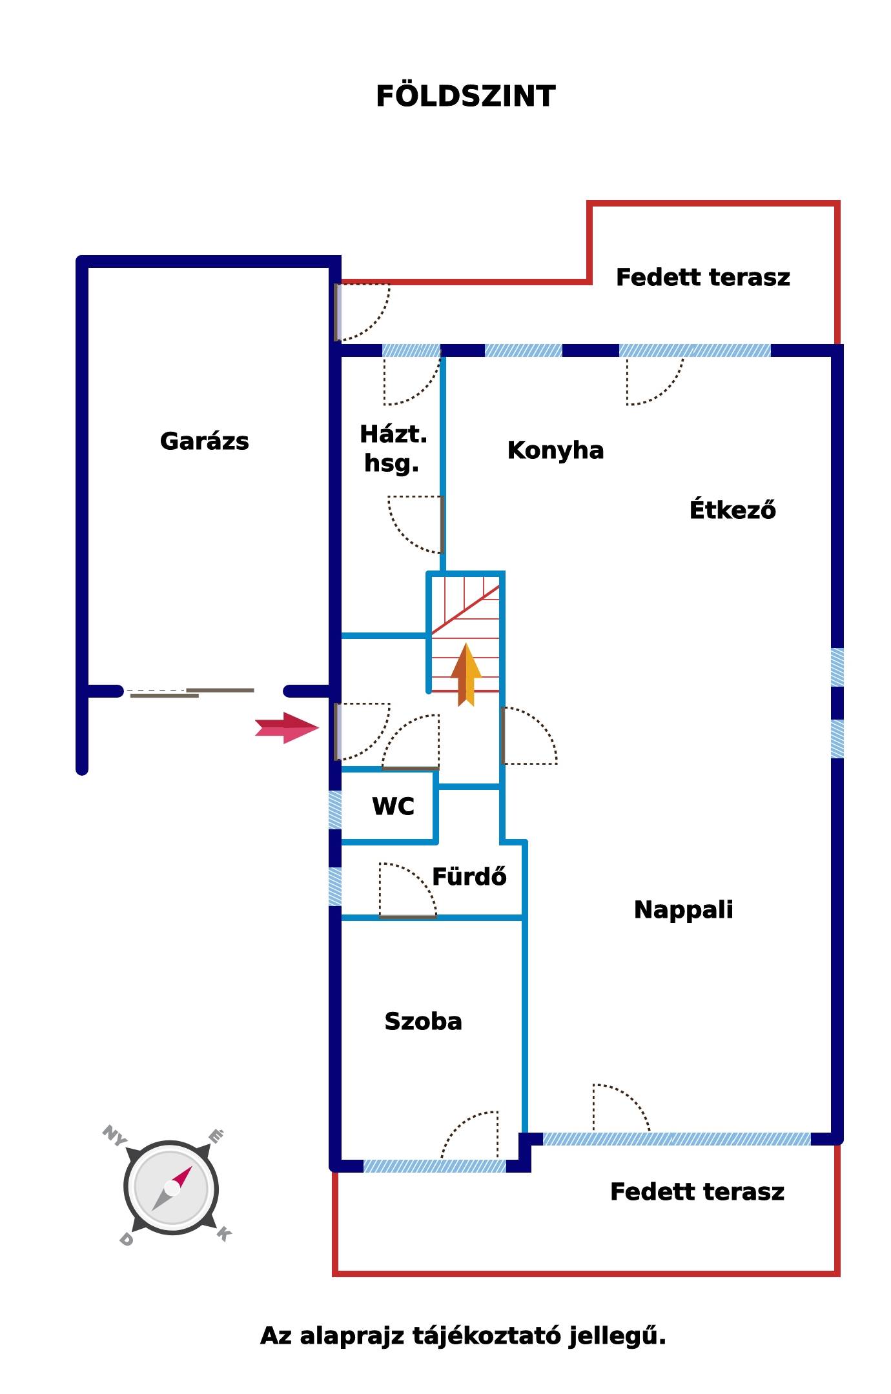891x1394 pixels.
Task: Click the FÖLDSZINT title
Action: pos(466,96)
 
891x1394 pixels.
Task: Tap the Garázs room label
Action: pos(204,441)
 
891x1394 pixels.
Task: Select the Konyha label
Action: pos(555,450)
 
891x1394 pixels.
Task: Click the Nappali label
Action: pos(683,910)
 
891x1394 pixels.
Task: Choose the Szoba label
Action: pos(423,1022)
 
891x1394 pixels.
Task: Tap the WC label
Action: pos(393,806)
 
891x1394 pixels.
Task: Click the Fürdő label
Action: pos(469,876)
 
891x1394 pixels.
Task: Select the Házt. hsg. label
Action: pos(393,449)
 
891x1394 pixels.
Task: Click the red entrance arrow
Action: pos(287,728)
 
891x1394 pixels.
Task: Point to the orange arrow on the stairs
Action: pos(466,674)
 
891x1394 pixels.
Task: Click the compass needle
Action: pos(172,1188)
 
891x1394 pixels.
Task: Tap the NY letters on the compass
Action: pos(114,1136)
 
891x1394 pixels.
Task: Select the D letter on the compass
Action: pos(126,1239)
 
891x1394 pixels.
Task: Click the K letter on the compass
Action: pos(223,1234)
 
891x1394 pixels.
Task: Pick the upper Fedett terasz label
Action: pos(702,278)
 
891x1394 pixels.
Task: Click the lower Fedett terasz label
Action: pos(697,1192)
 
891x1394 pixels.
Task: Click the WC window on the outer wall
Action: pos(335,810)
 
